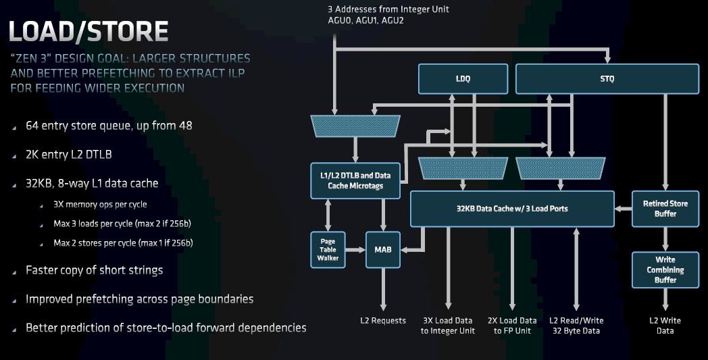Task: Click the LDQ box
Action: tap(463, 78)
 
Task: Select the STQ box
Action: tap(607, 78)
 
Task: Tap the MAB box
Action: tap(383, 249)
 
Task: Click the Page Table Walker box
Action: tap(328, 249)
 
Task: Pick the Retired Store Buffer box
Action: tap(665, 209)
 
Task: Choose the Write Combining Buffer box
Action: tap(665, 269)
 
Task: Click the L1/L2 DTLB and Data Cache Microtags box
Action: tap(355, 181)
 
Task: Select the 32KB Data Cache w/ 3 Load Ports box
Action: tap(512, 209)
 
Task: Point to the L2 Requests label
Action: tap(383, 321)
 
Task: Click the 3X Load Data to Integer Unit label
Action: tap(448, 326)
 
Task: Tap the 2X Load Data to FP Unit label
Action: tap(512, 326)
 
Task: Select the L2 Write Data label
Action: tap(665, 326)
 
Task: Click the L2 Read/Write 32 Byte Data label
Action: tap(576, 326)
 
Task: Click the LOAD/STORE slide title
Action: tap(88, 31)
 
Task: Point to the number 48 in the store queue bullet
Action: tap(186, 126)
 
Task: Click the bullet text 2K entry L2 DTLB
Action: tap(69, 155)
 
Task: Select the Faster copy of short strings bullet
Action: tap(95, 271)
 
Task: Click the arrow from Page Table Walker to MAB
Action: tap(355, 249)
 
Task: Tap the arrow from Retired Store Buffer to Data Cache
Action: tap(623, 209)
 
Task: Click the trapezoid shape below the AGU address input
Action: tap(355, 126)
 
